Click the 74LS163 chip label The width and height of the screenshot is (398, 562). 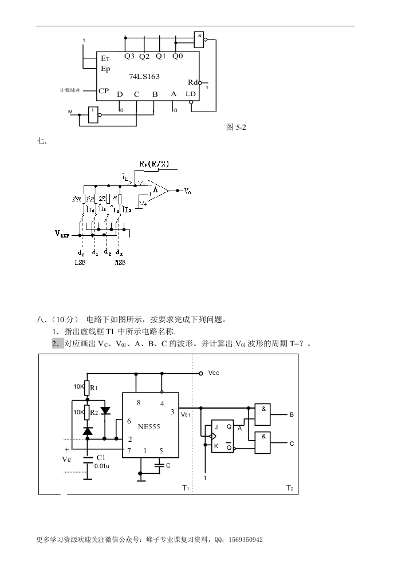pos(144,77)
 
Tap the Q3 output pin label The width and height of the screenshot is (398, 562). pos(129,57)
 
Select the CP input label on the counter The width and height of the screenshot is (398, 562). pos(104,91)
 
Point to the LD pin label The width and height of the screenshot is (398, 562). pos(191,94)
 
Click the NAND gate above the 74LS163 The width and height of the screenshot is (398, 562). pos(199,38)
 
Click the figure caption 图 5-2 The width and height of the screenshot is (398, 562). pos(237,128)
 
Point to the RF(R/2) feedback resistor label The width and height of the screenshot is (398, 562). pos(154,164)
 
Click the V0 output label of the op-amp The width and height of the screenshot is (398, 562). pos(187,191)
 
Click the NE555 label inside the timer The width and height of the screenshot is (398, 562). pos(149,426)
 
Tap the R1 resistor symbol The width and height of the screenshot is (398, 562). pos(87,387)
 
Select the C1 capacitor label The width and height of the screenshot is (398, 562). pos(101,458)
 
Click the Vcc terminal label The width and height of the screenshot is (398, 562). pos(214,373)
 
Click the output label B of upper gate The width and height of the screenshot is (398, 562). pos(291,414)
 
